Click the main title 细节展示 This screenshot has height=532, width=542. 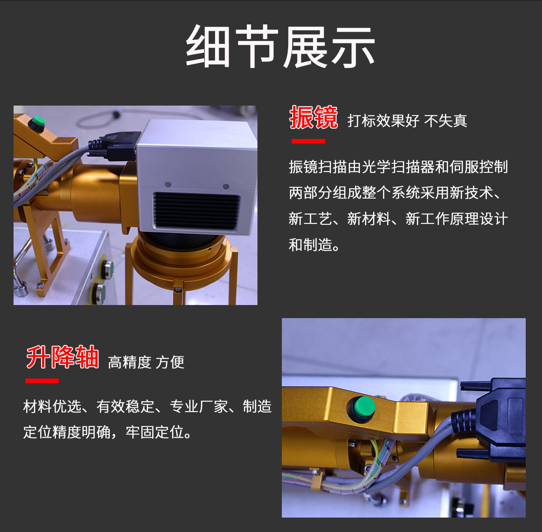pos(280,46)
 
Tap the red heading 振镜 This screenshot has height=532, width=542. pos(313,117)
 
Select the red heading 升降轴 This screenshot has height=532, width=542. pos(62,357)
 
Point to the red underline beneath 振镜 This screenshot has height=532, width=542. pos(308,141)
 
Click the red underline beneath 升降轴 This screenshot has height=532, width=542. pos(42,381)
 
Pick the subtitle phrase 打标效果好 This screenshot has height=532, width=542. pos(383,121)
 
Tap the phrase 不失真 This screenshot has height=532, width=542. pos(445,121)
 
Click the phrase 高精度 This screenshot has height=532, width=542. pos(130,362)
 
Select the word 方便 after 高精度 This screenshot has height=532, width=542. pos(170,362)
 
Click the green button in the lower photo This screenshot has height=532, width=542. pos(364,407)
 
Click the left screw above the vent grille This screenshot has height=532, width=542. pos(168,184)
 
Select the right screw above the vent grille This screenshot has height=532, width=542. pos(226,186)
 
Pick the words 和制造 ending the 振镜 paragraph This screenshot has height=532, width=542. pos(310,245)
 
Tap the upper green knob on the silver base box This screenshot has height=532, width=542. pos(107,269)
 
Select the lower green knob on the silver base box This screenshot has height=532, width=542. pos(98,293)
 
